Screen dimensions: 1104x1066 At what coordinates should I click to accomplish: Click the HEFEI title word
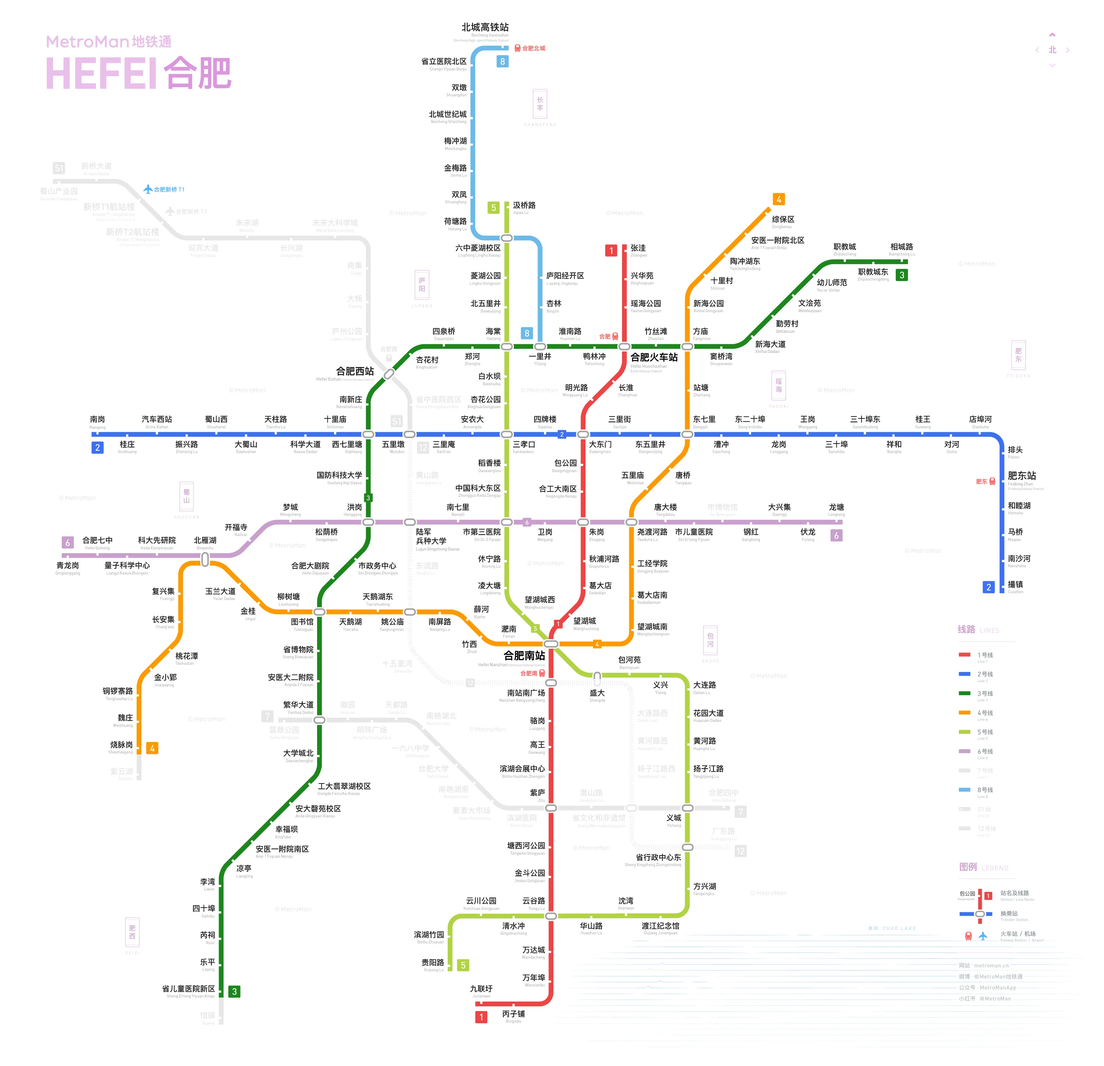tap(101, 73)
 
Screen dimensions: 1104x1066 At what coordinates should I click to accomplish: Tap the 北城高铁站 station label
tap(485, 27)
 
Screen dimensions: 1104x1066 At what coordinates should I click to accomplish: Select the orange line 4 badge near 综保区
tap(779, 199)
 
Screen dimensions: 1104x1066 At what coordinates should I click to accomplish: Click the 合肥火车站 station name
tap(654, 357)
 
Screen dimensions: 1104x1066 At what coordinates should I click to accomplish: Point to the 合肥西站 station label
tap(355, 371)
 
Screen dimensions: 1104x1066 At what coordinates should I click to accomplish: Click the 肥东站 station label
tap(1022, 476)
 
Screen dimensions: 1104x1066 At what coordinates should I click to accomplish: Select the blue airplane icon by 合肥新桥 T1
tap(148, 189)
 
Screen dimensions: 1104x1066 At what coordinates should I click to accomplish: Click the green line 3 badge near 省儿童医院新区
tap(235, 992)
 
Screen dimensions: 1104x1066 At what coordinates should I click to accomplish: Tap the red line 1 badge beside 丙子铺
tap(481, 1017)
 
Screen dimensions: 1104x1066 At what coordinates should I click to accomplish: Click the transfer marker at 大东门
tap(583, 434)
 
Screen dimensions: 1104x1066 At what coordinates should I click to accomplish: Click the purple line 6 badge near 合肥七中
tap(68, 543)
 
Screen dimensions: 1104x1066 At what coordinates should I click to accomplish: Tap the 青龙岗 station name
tap(68, 565)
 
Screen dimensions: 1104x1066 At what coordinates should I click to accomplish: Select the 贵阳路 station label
tap(432, 962)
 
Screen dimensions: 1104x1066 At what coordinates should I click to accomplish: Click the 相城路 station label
tap(901, 247)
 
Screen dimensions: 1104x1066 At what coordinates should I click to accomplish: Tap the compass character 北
tap(1052, 50)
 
